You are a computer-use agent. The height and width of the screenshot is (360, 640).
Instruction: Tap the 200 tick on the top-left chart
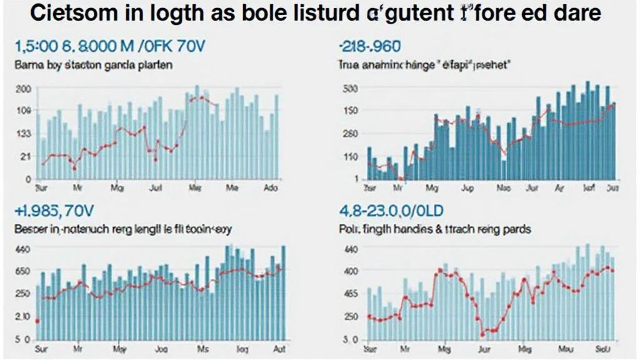pos(23,89)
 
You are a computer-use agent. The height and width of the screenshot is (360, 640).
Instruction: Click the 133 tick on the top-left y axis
pos(23,134)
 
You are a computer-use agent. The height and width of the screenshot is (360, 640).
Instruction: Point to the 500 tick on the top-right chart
pos(350,89)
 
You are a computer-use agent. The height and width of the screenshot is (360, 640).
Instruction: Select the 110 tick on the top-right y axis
pos(350,156)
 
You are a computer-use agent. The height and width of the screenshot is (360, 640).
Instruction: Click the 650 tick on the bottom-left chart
pos(23,271)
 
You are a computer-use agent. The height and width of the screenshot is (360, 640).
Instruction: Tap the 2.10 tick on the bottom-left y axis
pos(23,316)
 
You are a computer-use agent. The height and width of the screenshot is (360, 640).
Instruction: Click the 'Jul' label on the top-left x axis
pos(156,187)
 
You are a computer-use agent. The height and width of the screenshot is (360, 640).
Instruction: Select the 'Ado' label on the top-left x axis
pos(271,187)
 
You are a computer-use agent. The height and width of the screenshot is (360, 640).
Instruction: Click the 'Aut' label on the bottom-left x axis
pos(279,349)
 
